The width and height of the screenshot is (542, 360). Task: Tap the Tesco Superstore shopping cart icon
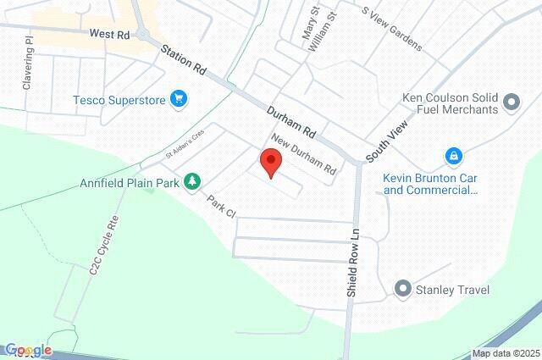(x=178, y=99)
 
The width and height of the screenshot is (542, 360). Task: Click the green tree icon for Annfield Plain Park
(x=193, y=180)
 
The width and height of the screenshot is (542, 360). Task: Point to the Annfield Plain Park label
(x=131, y=181)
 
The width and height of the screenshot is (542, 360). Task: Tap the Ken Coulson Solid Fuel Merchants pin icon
(x=511, y=102)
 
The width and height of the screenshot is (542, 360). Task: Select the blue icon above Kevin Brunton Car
(x=454, y=157)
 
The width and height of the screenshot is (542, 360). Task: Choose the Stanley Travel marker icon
(x=403, y=291)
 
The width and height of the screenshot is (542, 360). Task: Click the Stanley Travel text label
(x=452, y=291)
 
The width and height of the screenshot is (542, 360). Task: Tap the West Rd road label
(x=109, y=35)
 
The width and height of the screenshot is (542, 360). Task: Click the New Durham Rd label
(x=303, y=154)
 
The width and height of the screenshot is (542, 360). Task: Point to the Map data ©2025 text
(x=505, y=353)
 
